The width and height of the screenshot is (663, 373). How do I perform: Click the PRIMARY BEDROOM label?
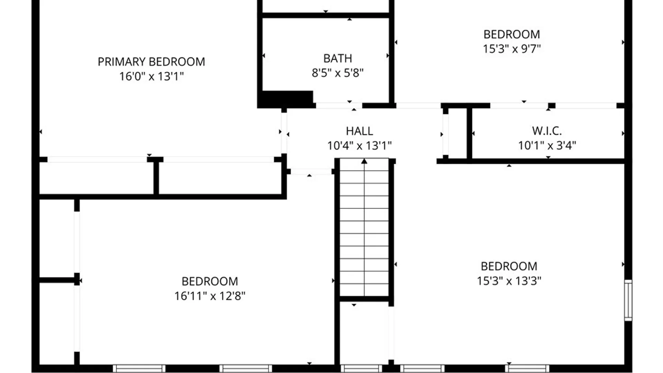(151, 62)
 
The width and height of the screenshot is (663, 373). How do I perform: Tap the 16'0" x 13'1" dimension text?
(151, 76)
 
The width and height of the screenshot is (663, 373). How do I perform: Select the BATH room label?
(338, 58)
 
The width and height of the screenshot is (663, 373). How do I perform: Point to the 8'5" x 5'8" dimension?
(338, 73)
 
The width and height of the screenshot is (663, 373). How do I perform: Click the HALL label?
(359, 131)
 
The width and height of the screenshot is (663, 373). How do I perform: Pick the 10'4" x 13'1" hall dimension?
(359, 146)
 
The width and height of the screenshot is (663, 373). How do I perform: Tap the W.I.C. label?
(547, 131)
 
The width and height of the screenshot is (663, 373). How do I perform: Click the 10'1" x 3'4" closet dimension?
(547, 145)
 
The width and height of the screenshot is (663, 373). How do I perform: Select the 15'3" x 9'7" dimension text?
(512, 49)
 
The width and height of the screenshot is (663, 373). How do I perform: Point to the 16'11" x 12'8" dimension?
(210, 296)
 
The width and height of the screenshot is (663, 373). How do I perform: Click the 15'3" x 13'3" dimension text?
(509, 281)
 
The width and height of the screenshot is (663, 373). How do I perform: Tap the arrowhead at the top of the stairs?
(364, 161)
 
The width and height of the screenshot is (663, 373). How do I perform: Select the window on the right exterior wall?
(628, 300)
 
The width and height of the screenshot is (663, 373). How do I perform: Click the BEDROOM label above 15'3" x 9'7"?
(512, 35)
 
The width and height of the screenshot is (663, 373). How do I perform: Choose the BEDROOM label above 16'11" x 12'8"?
(210, 281)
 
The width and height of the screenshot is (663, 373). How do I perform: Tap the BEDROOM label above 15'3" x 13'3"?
(509, 266)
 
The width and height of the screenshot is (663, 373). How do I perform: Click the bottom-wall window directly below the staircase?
(361, 369)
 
